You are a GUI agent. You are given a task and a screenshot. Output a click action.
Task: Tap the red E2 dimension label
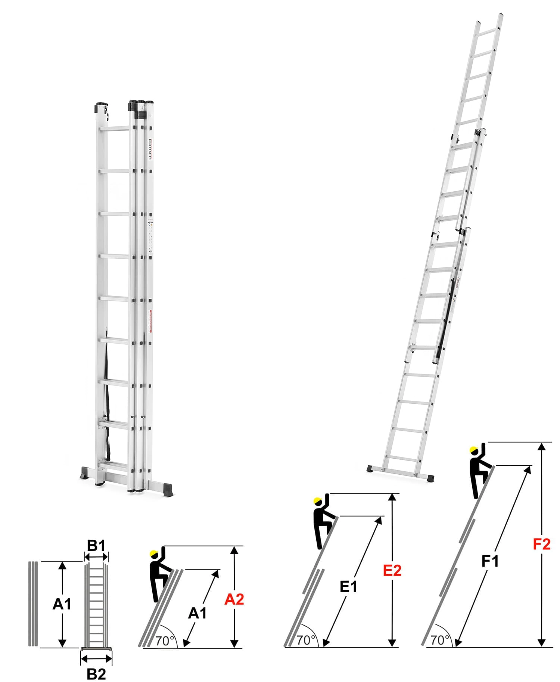[392, 570]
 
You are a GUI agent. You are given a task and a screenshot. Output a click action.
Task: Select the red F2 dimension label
[541, 544]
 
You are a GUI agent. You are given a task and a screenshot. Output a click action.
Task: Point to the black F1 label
[490, 561]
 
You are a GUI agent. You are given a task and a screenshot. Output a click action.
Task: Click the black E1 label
[348, 587]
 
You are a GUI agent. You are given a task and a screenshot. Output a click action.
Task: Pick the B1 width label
[96, 546]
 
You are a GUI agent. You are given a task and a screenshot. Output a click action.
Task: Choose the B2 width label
[96, 674]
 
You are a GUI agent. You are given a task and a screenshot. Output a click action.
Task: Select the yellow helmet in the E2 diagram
[318, 501]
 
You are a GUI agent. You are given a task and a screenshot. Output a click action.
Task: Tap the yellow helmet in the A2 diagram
[153, 554]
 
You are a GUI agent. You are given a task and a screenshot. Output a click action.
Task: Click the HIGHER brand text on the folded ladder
[150, 149]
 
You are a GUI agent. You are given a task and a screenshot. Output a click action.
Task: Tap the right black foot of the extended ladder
[430, 478]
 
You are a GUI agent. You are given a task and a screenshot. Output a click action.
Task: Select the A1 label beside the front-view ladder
[62, 604]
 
